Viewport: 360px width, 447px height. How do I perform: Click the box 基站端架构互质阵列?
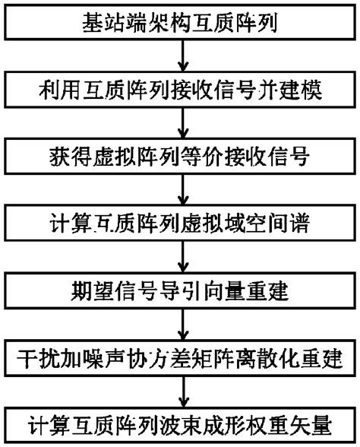click(180, 20)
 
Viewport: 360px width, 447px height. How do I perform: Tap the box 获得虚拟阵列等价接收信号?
click(180, 160)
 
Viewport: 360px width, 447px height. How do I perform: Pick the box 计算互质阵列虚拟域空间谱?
click(180, 226)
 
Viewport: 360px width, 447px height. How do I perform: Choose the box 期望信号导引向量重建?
click(180, 293)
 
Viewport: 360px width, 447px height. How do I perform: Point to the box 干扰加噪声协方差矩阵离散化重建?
click(180, 358)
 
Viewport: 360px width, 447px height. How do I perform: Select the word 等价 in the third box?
click(215, 160)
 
